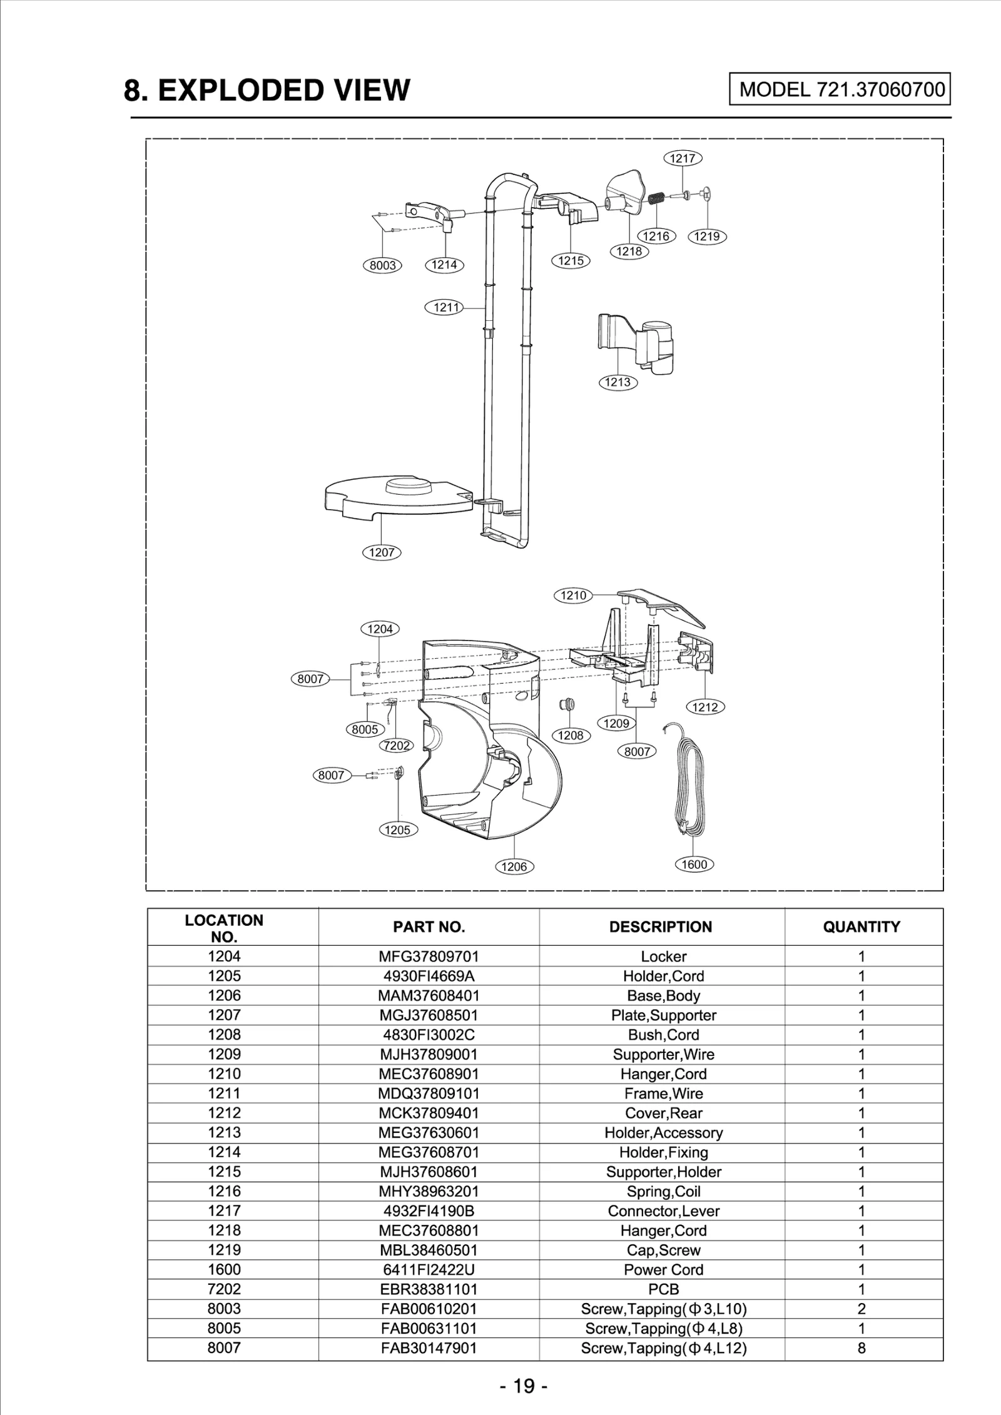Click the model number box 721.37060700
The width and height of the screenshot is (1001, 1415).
tap(840, 89)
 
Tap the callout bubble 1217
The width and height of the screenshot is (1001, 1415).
tap(683, 158)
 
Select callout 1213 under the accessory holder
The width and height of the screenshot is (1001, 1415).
tap(617, 382)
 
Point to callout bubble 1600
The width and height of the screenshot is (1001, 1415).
tap(694, 865)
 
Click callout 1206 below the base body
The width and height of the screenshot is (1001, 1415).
tap(514, 866)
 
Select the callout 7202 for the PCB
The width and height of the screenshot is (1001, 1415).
tap(397, 746)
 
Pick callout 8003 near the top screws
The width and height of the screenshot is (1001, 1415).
tap(382, 265)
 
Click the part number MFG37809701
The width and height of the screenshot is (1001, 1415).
tap(429, 956)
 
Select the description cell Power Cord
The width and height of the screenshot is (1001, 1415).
tap(663, 1269)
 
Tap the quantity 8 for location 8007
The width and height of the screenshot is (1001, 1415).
tap(861, 1347)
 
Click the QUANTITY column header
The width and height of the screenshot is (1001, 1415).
tap(861, 927)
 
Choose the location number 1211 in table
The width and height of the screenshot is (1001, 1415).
tap(224, 1093)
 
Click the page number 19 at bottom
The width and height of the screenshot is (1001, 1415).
tap(524, 1386)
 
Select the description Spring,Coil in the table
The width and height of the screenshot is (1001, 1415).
tap(663, 1191)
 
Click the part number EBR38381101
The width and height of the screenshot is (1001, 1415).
tap(429, 1289)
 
